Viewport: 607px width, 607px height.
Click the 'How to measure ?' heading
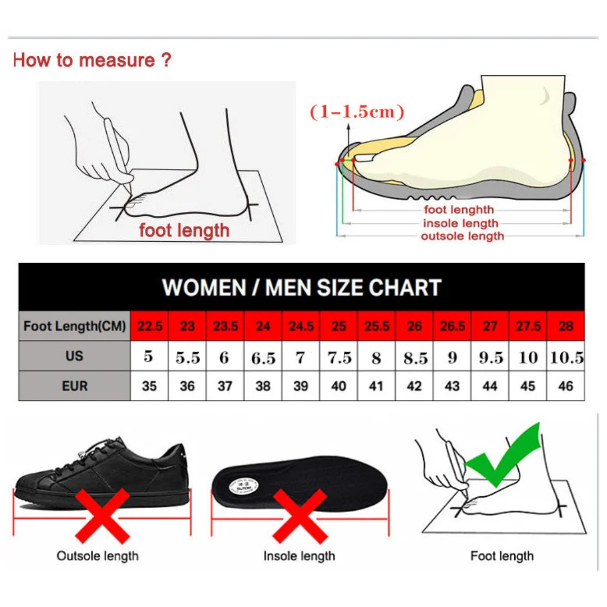92,60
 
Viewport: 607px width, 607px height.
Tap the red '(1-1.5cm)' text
357,111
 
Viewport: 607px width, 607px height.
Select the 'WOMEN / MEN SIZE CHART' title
301,287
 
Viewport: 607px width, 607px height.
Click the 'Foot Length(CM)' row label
75,327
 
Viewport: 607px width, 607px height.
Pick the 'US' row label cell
74,356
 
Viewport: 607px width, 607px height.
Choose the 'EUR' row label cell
74,386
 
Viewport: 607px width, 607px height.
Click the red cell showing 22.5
150,327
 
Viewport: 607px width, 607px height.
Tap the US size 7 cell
301,357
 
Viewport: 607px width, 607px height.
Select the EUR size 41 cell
377,387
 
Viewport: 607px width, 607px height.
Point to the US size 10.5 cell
567,357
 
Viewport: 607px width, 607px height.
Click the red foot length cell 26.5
452,327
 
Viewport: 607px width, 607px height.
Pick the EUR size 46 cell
566,387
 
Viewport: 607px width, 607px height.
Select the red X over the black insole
299,516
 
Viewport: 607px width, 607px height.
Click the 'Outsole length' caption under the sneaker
97,556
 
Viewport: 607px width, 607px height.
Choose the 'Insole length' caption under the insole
299,556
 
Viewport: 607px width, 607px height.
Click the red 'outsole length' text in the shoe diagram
462,236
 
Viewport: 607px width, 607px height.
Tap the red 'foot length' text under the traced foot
184,230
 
